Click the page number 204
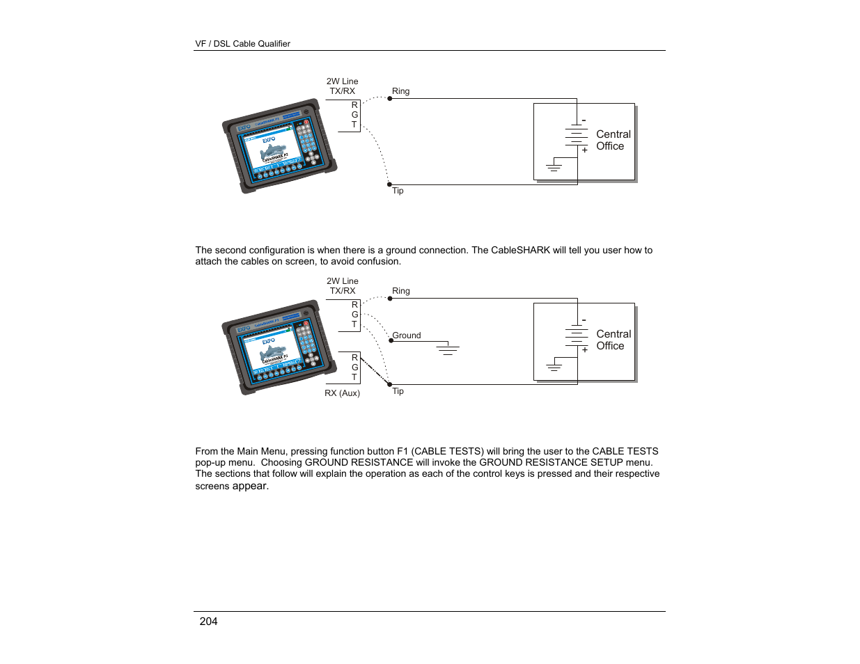point(208,622)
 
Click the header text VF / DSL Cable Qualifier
point(242,44)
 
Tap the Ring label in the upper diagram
point(400,91)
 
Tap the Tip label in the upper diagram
point(398,191)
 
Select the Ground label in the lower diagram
point(407,335)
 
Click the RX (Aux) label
point(342,393)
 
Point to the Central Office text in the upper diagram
point(613,140)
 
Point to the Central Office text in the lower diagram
point(613,340)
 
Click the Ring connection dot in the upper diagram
point(390,99)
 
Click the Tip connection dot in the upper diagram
point(390,184)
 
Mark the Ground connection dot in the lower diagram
point(391,341)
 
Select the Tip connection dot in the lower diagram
point(390,384)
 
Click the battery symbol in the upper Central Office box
point(577,135)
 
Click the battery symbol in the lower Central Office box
point(577,335)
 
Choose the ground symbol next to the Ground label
point(448,350)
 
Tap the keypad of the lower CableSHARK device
point(306,344)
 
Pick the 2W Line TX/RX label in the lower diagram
point(343,286)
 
